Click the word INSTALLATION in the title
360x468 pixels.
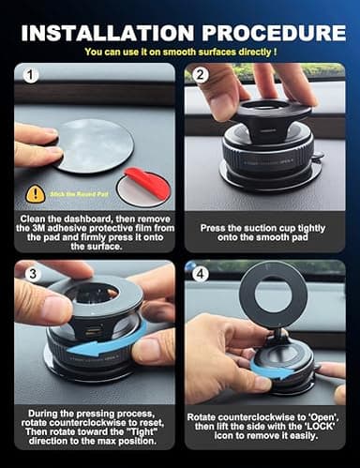107,32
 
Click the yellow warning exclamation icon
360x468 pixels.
34,193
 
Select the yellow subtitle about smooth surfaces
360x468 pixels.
179,53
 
